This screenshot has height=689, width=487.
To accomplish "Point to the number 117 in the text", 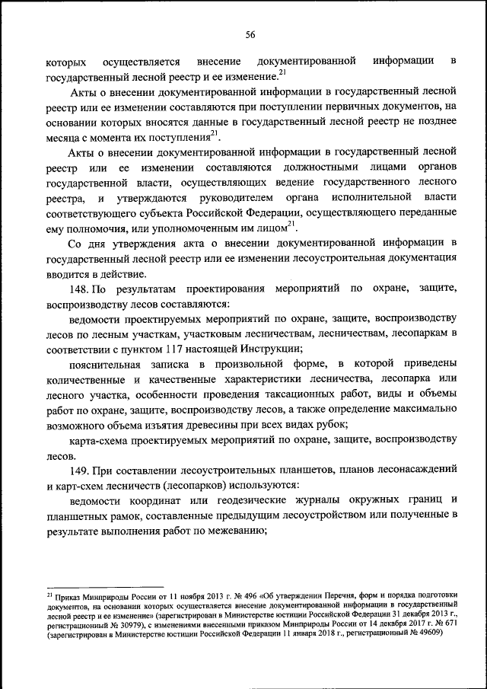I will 174,348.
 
